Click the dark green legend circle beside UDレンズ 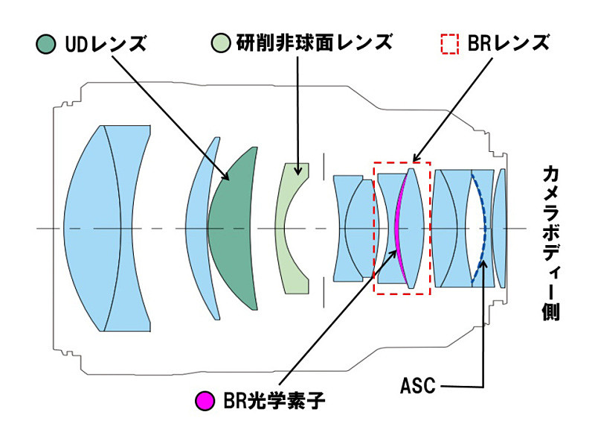click(x=46, y=43)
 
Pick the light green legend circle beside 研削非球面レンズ click(x=221, y=42)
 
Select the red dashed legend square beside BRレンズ click(x=450, y=45)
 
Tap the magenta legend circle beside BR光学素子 click(x=205, y=400)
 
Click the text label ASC click(x=418, y=386)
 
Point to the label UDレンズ click(x=106, y=44)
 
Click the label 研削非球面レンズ click(x=315, y=42)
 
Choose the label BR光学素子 click(x=274, y=400)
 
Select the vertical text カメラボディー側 click(x=551, y=244)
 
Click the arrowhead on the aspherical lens click(x=299, y=171)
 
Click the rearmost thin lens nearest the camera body click(x=499, y=228)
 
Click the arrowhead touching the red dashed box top click(x=416, y=158)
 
